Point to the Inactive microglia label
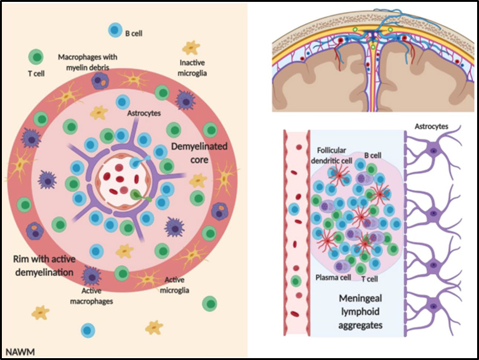click(x=192, y=67)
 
